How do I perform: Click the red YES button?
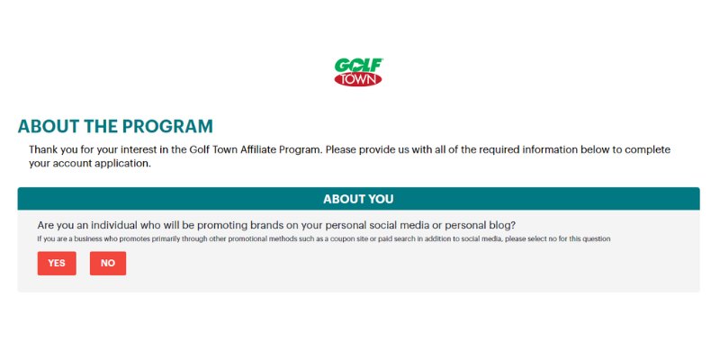57,263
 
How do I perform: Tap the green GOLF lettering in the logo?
358,65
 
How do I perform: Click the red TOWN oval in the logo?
358,80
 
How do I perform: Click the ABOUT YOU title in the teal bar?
358,199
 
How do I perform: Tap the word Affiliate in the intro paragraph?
258,149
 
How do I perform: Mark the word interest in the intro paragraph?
149,149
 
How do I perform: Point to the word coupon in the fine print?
345,239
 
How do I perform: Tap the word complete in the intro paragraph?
647,149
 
